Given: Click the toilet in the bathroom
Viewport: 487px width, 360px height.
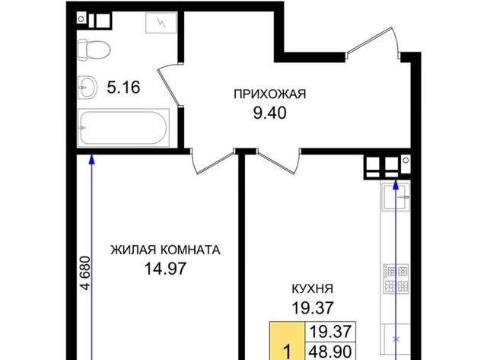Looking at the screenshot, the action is point(94,49).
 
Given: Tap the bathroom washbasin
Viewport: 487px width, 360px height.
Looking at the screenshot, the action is point(88,88).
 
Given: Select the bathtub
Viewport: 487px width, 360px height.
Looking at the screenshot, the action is point(123,127).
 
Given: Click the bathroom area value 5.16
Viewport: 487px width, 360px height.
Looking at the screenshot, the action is point(123,88).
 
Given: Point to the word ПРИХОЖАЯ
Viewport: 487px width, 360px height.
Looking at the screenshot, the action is point(269,94).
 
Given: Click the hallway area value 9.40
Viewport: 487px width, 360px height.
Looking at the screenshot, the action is point(269,113).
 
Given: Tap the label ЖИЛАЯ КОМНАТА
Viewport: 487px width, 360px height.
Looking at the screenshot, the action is point(166,250).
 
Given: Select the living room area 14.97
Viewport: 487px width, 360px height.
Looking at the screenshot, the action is point(166,269).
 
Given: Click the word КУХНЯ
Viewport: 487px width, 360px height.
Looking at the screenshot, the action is point(313,289).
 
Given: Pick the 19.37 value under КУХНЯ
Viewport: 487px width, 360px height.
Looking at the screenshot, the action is point(313,307).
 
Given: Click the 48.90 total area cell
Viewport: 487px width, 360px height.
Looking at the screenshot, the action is point(331,352).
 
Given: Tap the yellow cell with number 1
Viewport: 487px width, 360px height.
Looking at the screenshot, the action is point(288,341).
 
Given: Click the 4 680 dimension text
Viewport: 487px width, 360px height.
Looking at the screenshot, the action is point(85,273).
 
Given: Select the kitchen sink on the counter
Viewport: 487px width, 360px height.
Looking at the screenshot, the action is point(396,196).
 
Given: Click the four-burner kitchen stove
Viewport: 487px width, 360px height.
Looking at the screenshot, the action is point(396,279).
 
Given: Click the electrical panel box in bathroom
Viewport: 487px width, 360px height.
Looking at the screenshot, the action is point(161,23).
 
